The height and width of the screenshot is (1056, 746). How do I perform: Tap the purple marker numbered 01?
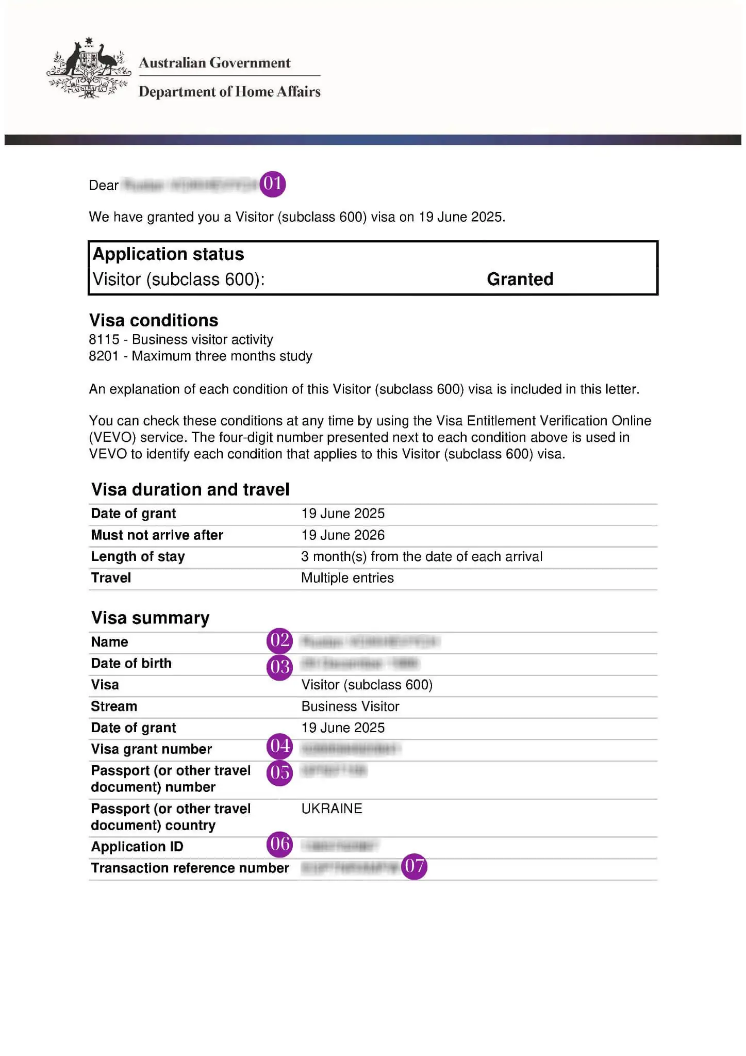point(272,184)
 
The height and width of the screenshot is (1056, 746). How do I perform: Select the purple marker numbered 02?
point(279,640)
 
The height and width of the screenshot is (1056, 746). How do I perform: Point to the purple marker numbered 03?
point(279,667)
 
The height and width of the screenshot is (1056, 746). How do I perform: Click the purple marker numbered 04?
point(279,746)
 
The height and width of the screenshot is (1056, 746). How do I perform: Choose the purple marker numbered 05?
point(279,772)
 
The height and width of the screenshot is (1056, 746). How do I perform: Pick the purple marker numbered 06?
point(279,844)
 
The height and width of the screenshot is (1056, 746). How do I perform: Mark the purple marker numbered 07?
point(414,866)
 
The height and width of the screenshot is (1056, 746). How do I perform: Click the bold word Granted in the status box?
point(520,279)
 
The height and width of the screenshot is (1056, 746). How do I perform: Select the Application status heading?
point(168,254)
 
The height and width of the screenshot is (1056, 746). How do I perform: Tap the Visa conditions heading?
point(154,320)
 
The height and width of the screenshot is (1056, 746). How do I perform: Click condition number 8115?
point(104,339)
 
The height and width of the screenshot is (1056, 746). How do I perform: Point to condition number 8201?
point(104,356)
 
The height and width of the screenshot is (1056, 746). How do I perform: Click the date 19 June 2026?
point(343,535)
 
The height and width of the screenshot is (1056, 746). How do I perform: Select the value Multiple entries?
point(347,577)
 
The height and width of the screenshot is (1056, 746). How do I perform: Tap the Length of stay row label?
point(138,556)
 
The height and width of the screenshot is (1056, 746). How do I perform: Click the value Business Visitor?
point(350,706)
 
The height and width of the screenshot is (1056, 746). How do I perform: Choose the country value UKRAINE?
point(331,808)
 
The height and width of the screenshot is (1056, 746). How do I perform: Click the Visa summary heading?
point(150,618)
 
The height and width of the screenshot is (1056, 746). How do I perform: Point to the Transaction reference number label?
point(190,868)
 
